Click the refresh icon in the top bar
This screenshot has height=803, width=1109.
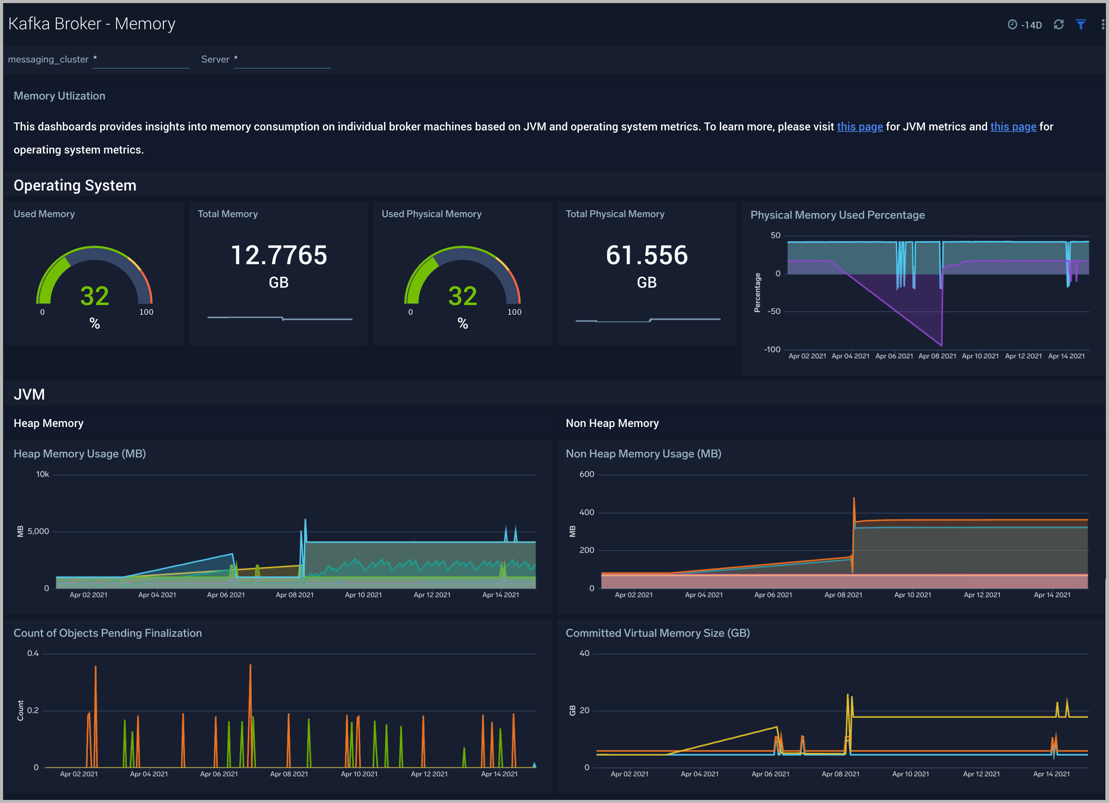pyautogui.click(x=1058, y=24)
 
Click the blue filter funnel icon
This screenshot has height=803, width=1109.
pyautogui.click(x=1081, y=24)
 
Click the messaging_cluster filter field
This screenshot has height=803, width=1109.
pyautogui.click(x=141, y=60)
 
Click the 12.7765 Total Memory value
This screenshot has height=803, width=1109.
pyautogui.click(x=279, y=255)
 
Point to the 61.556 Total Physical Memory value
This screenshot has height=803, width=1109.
pyautogui.click(x=646, y=255)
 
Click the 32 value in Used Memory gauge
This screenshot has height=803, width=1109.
pyautogui.click(x=95, y=296)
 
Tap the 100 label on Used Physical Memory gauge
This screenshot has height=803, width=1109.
pyautogui.click(x=514, y=312)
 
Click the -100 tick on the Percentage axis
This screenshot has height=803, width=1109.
pyautogui.click(x=772, y=349)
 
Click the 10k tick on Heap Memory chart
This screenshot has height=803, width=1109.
pyautogui.click(x=42, y=474)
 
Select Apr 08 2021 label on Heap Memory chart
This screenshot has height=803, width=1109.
pyautogui.click(x=294, y=595)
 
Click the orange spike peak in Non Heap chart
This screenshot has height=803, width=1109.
pyautogui.click(x=854, y=499)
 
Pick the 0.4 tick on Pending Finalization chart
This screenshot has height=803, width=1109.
pyautogui.click(x=33, y=653)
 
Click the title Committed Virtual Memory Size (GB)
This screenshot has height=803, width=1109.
pyautogui.click(x=657, y=633)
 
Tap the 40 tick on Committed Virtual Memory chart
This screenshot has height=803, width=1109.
pyautogui.click(x=584, y=653)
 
